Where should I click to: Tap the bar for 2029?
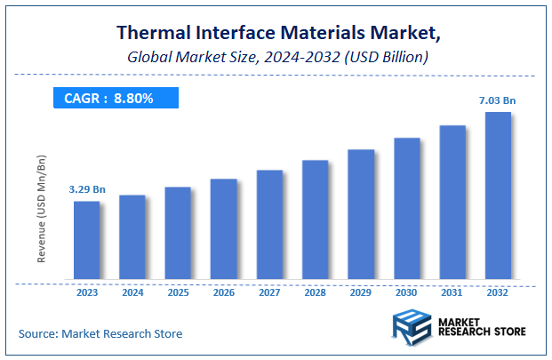pyautogui.click(x=360, y=216)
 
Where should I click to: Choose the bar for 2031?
pyautogui.click(x=452, y=204)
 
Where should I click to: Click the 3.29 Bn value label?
pyautogui.click(x=87, y=189)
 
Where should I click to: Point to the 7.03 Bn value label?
pyautogui.click(x=498, y=100)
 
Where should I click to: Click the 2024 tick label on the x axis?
pyautogui.click(x=132, y=292)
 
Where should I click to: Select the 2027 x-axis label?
pyautogui.click(x=268, y=292)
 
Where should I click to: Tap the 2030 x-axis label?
pyautogui.click(x=406, y=292)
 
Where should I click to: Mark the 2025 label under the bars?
pyautogui.click(x=178, y=292)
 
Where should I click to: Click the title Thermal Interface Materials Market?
pyautogui.click(x=276, y=33)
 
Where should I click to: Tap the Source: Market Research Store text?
pyautogui.click(x=100, y=333)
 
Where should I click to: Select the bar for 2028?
pyautogui.click(x=315, y=222)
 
